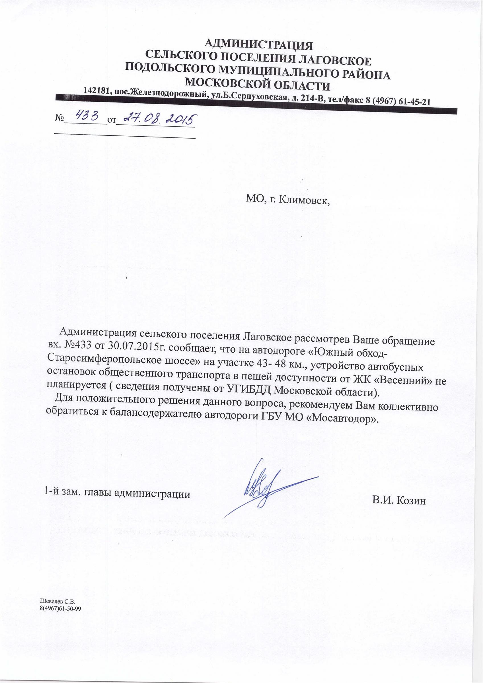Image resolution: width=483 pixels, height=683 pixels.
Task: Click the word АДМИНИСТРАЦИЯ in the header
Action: coord(259,46)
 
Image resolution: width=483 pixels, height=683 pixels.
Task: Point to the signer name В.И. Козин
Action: coord(399,501)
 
